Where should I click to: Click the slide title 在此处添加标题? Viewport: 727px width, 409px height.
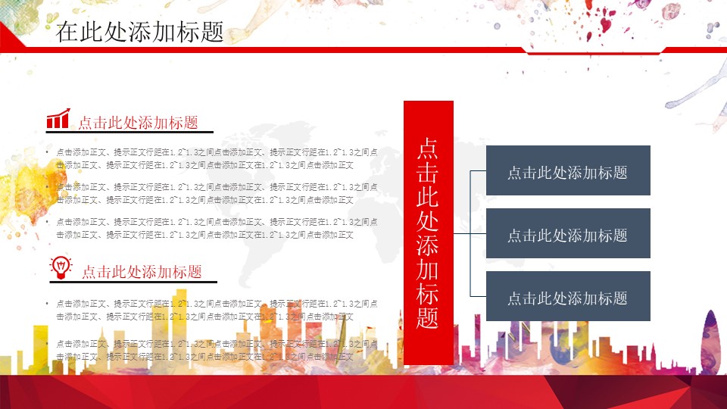[139, 32]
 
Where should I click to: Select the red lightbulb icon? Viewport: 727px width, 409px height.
[61, 266]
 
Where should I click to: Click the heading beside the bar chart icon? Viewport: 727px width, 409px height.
[138, 123]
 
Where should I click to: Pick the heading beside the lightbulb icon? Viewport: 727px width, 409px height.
[142, 271]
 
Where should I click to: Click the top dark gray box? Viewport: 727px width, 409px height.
[568, 172]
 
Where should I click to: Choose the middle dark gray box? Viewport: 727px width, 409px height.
[568, 235]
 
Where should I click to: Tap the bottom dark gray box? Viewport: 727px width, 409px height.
[568, 298]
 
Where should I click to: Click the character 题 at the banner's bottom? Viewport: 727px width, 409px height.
[429, 318]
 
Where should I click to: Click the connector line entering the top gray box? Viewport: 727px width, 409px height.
[478, 171]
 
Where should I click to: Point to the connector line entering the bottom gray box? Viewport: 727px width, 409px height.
[478, 296]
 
